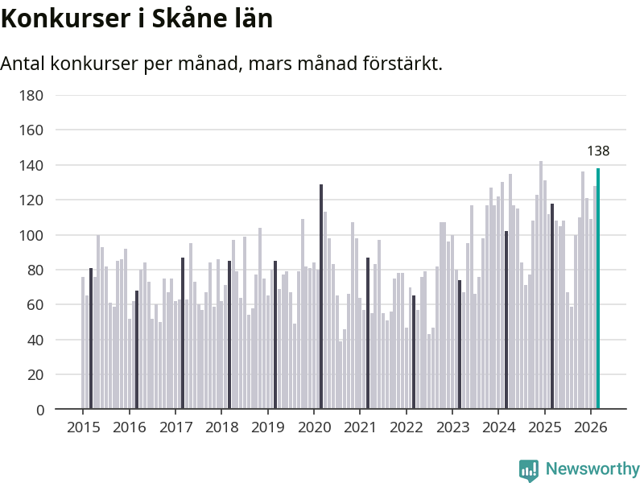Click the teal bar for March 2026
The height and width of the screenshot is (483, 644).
(598, 290)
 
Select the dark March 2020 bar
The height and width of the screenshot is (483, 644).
(321, 298)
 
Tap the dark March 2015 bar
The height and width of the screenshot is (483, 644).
(91, 338)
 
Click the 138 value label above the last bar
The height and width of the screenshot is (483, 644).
(598, 151)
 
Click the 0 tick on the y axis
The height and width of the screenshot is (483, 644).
(39, 410)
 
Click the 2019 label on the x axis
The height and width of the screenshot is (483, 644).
(267, 427)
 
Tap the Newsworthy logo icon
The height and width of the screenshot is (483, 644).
(529, 470)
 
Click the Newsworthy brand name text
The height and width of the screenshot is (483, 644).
(592, 469)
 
